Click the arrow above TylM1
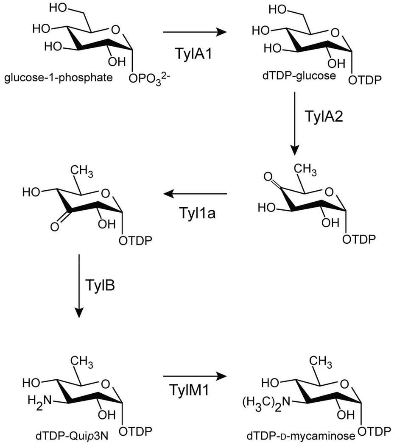pyautogui.click(x=193, y=376)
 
